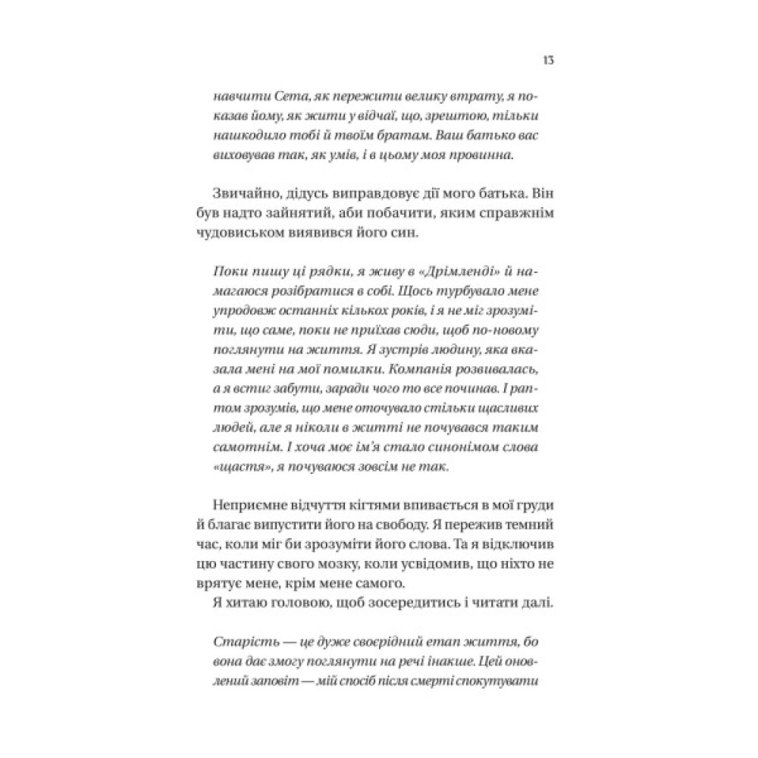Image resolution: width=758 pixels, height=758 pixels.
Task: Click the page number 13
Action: point(547,61)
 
